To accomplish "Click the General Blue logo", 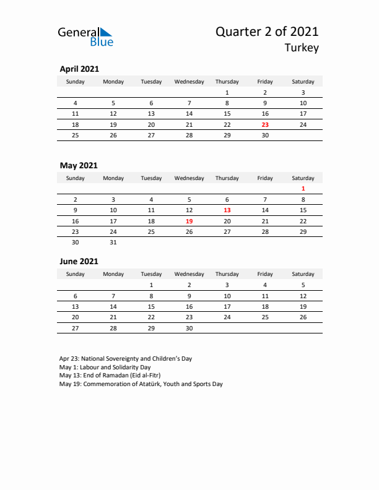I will click(x=85, y=36).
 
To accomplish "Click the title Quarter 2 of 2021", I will click(x=268, y=32).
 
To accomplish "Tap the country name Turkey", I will click(x=302, y=48).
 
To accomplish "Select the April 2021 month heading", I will click(x=79, y=69).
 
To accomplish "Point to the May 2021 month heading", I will click(x=78, y=166).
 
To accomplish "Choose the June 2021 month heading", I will click(x=79, y=262).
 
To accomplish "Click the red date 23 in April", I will click(x=265, y=124).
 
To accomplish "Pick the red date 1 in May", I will click(x=303, y=189).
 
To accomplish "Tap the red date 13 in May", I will click(x=227, y=210).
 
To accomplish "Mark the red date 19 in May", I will click(x=189, y=221).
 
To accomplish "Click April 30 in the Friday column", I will click(x=265, y=135).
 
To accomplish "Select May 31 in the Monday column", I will click(x=113, y=243).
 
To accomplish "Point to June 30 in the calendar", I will click(x=189, y=328).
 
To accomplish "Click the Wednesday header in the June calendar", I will click(x=189, y=274).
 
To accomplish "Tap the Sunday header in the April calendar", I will click(x=76, y=82).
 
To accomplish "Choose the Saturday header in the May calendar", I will click(x=303, y=178).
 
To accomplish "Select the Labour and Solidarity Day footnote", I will click(x=105, y=367).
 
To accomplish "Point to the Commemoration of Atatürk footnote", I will click(x=141, y=384).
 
